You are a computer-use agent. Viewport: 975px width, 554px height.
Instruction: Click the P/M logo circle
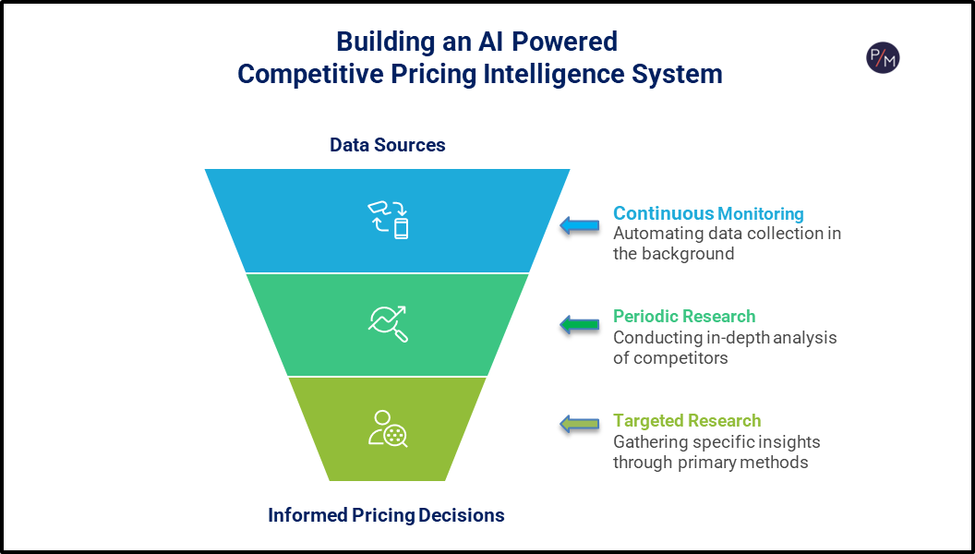883,58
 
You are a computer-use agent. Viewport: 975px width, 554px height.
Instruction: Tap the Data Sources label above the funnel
388,145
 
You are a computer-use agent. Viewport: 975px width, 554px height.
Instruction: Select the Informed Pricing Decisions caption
386,515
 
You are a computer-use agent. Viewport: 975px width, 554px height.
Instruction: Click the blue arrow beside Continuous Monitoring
580,224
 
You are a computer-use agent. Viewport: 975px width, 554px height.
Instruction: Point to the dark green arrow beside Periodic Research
580,324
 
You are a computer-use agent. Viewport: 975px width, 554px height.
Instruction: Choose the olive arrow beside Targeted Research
580,424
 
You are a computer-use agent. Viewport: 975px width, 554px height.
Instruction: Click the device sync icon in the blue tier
388,220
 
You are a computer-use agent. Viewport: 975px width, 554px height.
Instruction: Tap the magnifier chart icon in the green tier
388,322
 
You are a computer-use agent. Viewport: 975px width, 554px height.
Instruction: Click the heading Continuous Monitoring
708,213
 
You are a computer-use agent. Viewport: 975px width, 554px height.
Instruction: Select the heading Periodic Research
684,317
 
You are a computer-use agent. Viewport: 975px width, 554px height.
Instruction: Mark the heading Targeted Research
687,421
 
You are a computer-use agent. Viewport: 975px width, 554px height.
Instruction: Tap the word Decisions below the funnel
462,515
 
